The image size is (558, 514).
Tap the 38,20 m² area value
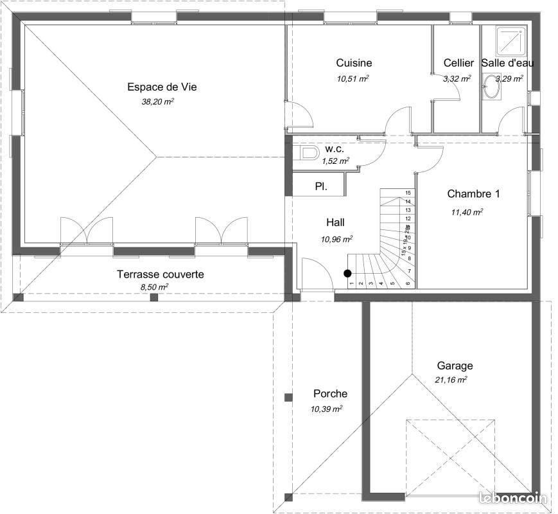[158, 102]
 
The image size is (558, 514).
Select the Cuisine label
[354, 63]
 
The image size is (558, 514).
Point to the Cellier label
[458, 63]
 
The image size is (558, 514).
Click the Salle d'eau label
[507, 63]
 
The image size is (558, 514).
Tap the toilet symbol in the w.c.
[310, 153]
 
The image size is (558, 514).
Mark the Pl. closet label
[320, 186]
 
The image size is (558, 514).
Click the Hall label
[335, 222]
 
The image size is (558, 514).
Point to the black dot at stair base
[347, 273]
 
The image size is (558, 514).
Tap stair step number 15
[407, 193]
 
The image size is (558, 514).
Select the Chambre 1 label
[473, 193]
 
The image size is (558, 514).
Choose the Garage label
[455, 366]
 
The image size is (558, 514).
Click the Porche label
[330, 394]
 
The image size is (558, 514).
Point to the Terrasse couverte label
[161, 274]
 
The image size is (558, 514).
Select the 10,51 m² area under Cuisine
[353, 78]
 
